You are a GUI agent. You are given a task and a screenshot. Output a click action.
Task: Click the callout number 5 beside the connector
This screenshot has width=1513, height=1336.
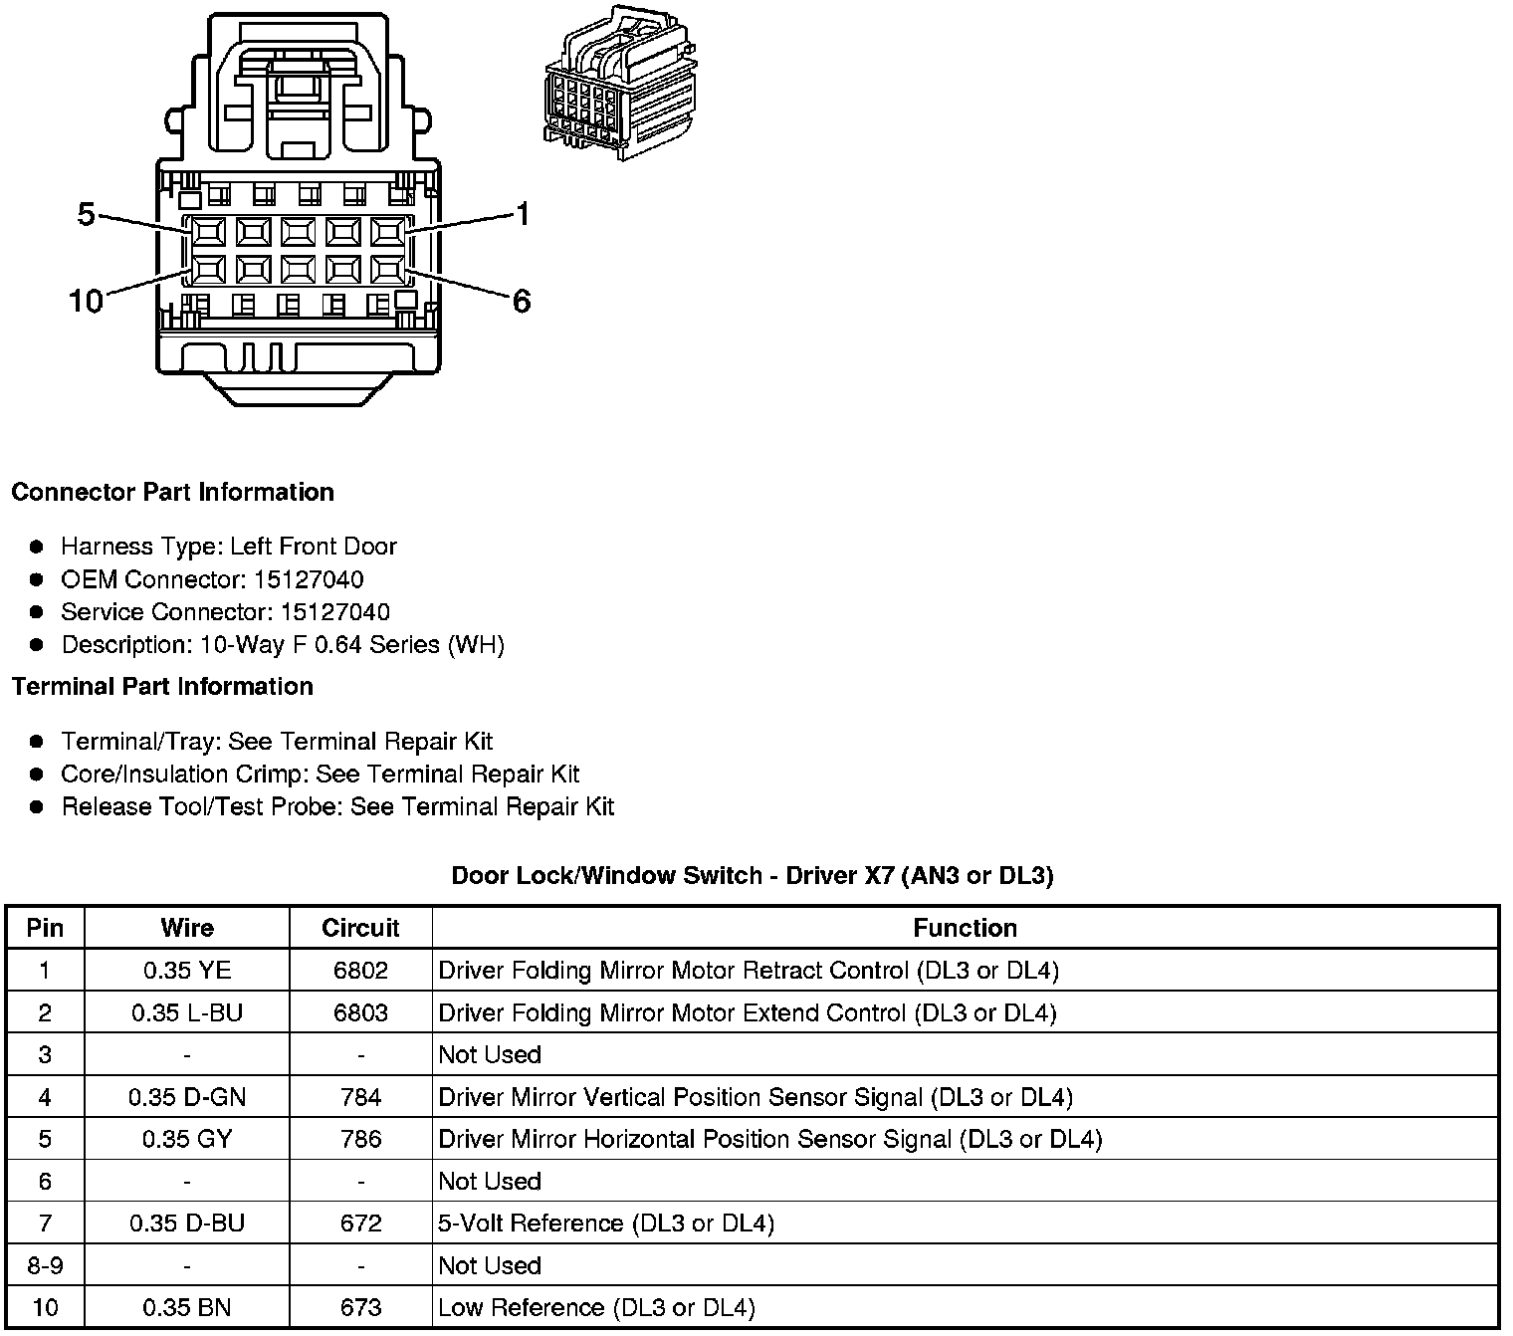pos(86,214)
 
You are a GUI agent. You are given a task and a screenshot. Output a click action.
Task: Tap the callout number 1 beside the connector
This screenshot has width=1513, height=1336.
pos(523,214)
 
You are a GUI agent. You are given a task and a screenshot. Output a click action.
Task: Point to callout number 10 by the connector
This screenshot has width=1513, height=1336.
pos(86,301)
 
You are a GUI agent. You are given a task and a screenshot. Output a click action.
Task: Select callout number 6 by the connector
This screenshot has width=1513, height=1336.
pos(522,301)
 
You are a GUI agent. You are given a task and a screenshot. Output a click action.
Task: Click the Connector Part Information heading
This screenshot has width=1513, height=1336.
pos(172,493)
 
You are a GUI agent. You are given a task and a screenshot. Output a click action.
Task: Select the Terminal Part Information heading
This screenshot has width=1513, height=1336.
pos(162,687)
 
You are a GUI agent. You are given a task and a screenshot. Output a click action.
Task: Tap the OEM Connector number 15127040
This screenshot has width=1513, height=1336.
pos(309,579)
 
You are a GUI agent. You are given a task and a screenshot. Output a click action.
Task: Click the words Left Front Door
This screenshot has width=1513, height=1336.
pos(313,547)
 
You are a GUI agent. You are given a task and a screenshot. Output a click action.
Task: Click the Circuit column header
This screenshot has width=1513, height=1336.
pos(360,928)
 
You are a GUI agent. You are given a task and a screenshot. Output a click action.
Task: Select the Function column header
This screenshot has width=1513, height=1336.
pos(965,928)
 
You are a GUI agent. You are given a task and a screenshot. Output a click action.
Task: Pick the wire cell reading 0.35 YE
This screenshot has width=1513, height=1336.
pos(187,971)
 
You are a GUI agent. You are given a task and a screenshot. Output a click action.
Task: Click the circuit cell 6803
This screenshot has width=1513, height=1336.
pos(360,1012)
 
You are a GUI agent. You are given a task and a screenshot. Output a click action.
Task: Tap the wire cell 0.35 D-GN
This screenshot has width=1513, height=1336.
pos(187,1097)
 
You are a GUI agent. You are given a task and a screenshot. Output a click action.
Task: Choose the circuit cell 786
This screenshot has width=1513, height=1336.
pos(360,1139)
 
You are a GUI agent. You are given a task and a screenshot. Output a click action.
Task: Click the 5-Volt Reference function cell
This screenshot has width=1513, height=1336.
pos(605,1224)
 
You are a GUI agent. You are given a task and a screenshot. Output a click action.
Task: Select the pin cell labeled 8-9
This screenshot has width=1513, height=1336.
pos(45,1265)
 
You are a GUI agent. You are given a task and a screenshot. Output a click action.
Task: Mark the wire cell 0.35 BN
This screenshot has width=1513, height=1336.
pos(187,1307)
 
